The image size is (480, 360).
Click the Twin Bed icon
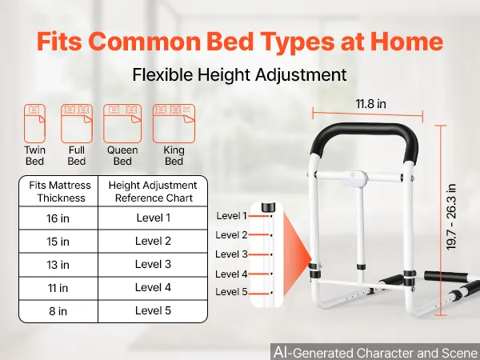(34, 123)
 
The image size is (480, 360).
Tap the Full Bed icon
(77, 123)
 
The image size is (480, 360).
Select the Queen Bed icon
(122, 123)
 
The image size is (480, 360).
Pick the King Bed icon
(174, 123)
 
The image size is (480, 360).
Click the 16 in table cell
(58, 218)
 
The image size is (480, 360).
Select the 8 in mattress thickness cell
(58, 311)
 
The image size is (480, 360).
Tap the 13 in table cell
(58, 265)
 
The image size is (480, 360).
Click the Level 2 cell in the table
(153, 242)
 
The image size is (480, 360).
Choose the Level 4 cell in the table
(153, 288)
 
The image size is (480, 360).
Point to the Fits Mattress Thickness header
(60, 192)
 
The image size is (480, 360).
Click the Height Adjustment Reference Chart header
(153, 192)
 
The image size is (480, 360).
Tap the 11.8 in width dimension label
(370, 104)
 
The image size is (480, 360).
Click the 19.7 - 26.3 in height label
(451, 217)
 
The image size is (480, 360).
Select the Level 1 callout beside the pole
(231, 216)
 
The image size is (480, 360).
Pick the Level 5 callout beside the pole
(231, 292)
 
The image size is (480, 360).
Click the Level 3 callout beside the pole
(231, 254)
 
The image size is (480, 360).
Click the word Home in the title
(406, 41)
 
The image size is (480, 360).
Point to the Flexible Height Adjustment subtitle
(239, 74)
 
